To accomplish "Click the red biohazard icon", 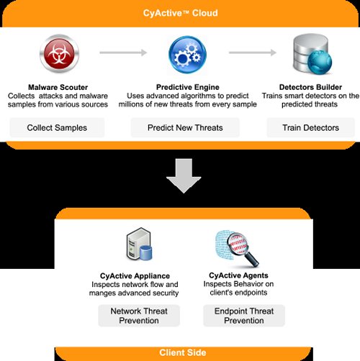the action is point(59,54).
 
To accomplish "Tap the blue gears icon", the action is point(187,55).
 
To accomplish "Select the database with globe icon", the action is point(312,54).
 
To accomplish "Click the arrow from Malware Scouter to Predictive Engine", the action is point(123,52).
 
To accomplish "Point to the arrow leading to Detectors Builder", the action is point(253,52).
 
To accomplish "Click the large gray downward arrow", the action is point(184,175).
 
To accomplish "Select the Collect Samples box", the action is point(57,127).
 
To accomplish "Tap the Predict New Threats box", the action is point(185,127).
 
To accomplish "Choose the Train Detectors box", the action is point(311,127).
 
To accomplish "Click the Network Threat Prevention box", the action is point(139,316).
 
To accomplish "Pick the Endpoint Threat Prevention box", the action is point(244,316).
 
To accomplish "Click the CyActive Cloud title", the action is point(181,13).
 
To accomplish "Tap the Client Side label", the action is point(183,352).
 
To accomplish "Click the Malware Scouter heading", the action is point(58,87).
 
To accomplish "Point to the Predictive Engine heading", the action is point(188,87).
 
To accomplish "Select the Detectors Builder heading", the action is point(310,87).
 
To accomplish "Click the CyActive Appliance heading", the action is point(135,276).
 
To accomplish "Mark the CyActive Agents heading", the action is point(238,275).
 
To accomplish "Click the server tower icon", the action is point(139,244).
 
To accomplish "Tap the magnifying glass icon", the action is point(237,248).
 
